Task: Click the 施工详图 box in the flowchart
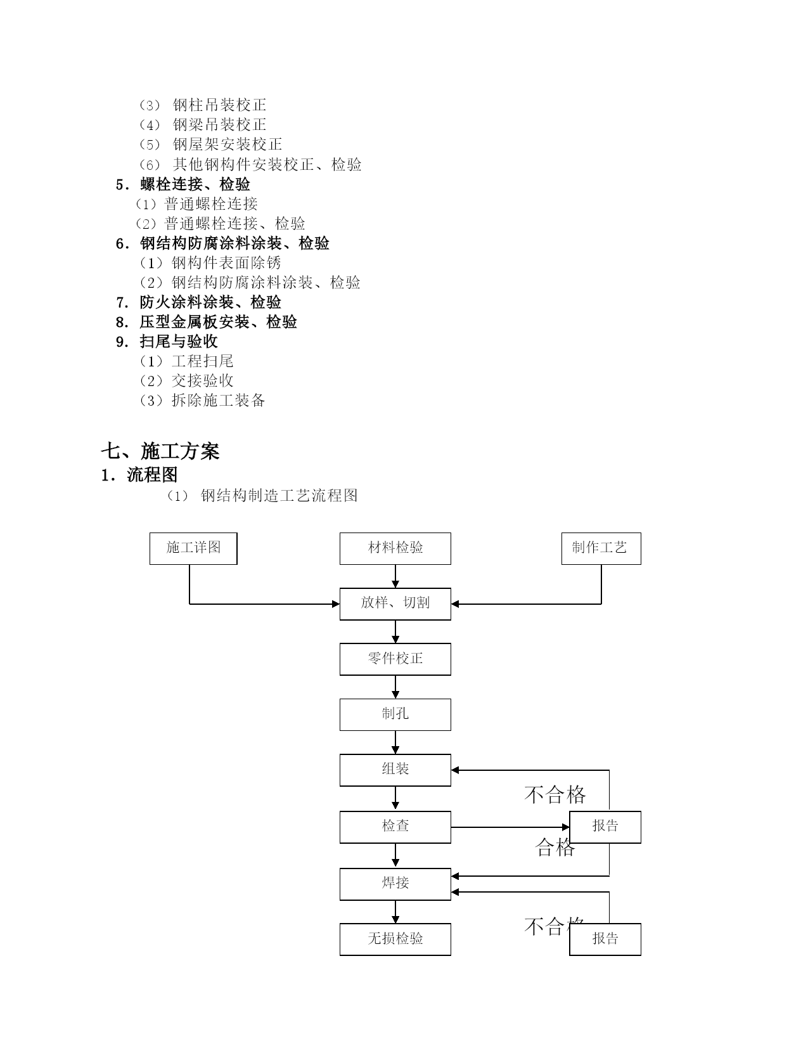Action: (193, 548)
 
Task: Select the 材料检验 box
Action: (395, 548)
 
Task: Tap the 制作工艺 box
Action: (601, 548)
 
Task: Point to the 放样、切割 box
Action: (395, 604)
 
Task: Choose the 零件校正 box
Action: (395, 659)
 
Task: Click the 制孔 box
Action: (395, 714)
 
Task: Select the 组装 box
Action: (395, 770)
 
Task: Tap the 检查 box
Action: (395, 827)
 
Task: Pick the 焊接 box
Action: (395, 884)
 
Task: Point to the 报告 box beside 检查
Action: (605, 827)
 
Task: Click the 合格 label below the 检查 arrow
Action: (555, 848)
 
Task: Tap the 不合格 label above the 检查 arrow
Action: (555, 795)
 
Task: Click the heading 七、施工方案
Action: (160, 451)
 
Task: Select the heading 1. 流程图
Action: (139, 475)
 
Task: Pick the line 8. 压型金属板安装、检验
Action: (207, 321)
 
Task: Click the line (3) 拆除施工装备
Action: (202, 401)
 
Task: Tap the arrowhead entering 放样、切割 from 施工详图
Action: (336, 604)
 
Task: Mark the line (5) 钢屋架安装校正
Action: (210, 145)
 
